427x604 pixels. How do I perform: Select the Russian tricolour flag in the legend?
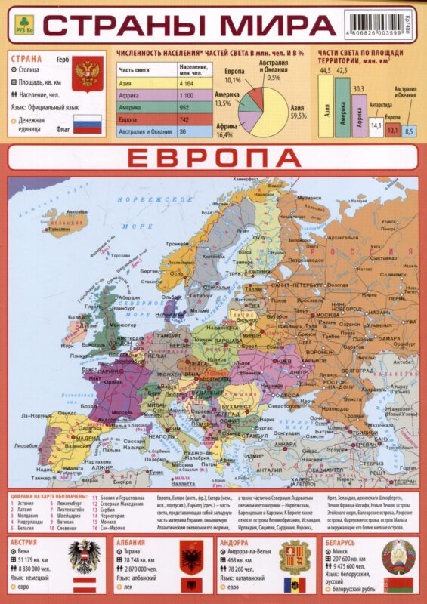pos(91,124)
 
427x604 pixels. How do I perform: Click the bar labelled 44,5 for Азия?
pos(326,105)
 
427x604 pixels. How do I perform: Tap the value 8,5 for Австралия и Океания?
pos(409,132)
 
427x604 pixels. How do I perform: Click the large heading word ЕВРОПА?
pos(213,158)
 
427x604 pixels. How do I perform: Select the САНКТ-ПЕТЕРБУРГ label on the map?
pos(295,285)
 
